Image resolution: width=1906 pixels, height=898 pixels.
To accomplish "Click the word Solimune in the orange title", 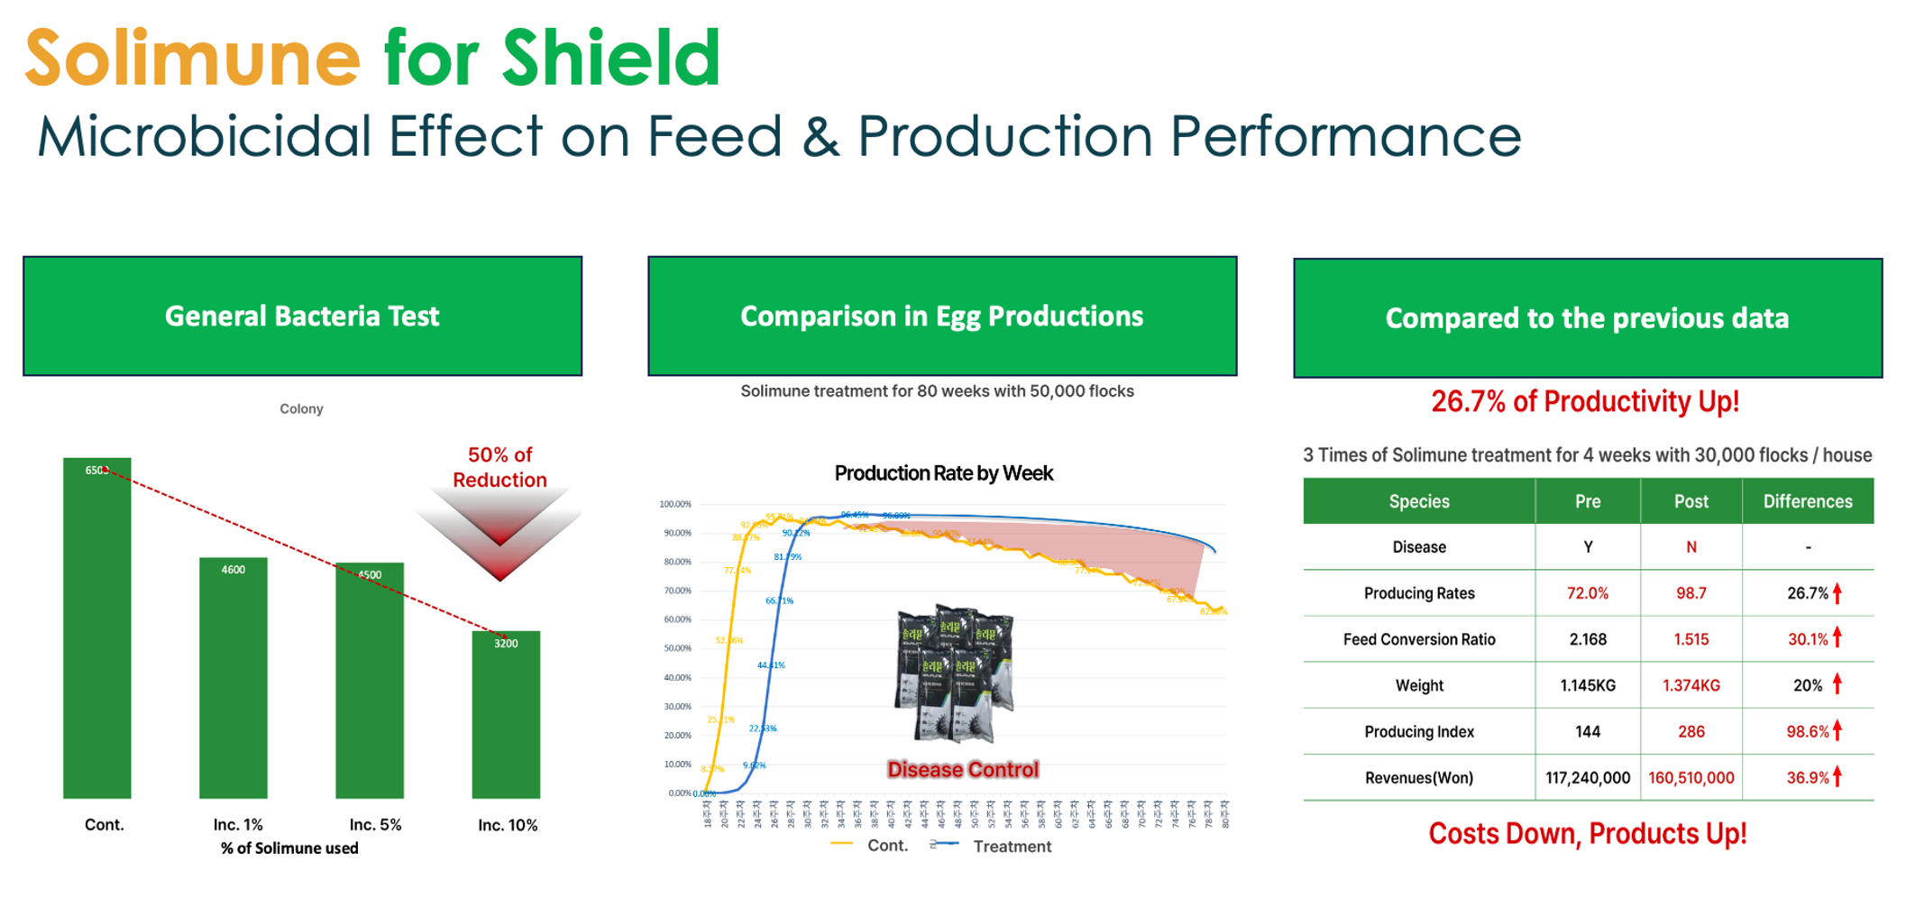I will tap(192, 58).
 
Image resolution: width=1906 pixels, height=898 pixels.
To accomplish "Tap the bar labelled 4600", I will tap(233, 677).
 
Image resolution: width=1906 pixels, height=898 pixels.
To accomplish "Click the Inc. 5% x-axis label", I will tap(375, 824).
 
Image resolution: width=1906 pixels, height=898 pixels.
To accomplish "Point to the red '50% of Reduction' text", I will tap(499, 467).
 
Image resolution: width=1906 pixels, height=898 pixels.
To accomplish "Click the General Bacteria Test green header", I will tap(302, 316).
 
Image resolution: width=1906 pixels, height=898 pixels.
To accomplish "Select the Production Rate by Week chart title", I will tap(943, 473).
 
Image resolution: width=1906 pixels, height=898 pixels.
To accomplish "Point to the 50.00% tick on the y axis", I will tap(675, 648).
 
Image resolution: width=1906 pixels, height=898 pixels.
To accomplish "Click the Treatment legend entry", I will tap(1012, 846).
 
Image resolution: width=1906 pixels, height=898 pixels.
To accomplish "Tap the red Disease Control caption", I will tap(963, 769).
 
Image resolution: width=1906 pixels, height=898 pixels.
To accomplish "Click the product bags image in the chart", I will tap(955, 673).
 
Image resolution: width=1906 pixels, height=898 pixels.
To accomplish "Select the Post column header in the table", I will tap(1691, 501).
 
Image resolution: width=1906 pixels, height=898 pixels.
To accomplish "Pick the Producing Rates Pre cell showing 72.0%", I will tap(1587, 593).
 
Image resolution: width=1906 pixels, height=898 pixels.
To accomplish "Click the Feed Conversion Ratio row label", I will tap(1418, 639).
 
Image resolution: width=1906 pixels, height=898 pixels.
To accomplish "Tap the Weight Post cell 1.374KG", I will tap(1691, 685).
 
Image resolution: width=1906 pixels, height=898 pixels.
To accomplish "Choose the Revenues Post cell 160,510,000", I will tap(1691, 777).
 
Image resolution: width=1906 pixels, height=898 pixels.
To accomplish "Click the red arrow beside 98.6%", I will tap(1837, 729).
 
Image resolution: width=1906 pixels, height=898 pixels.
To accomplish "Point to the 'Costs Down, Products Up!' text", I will tap(1587, 833).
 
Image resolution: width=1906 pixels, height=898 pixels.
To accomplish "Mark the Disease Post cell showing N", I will tap(1691, 547).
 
